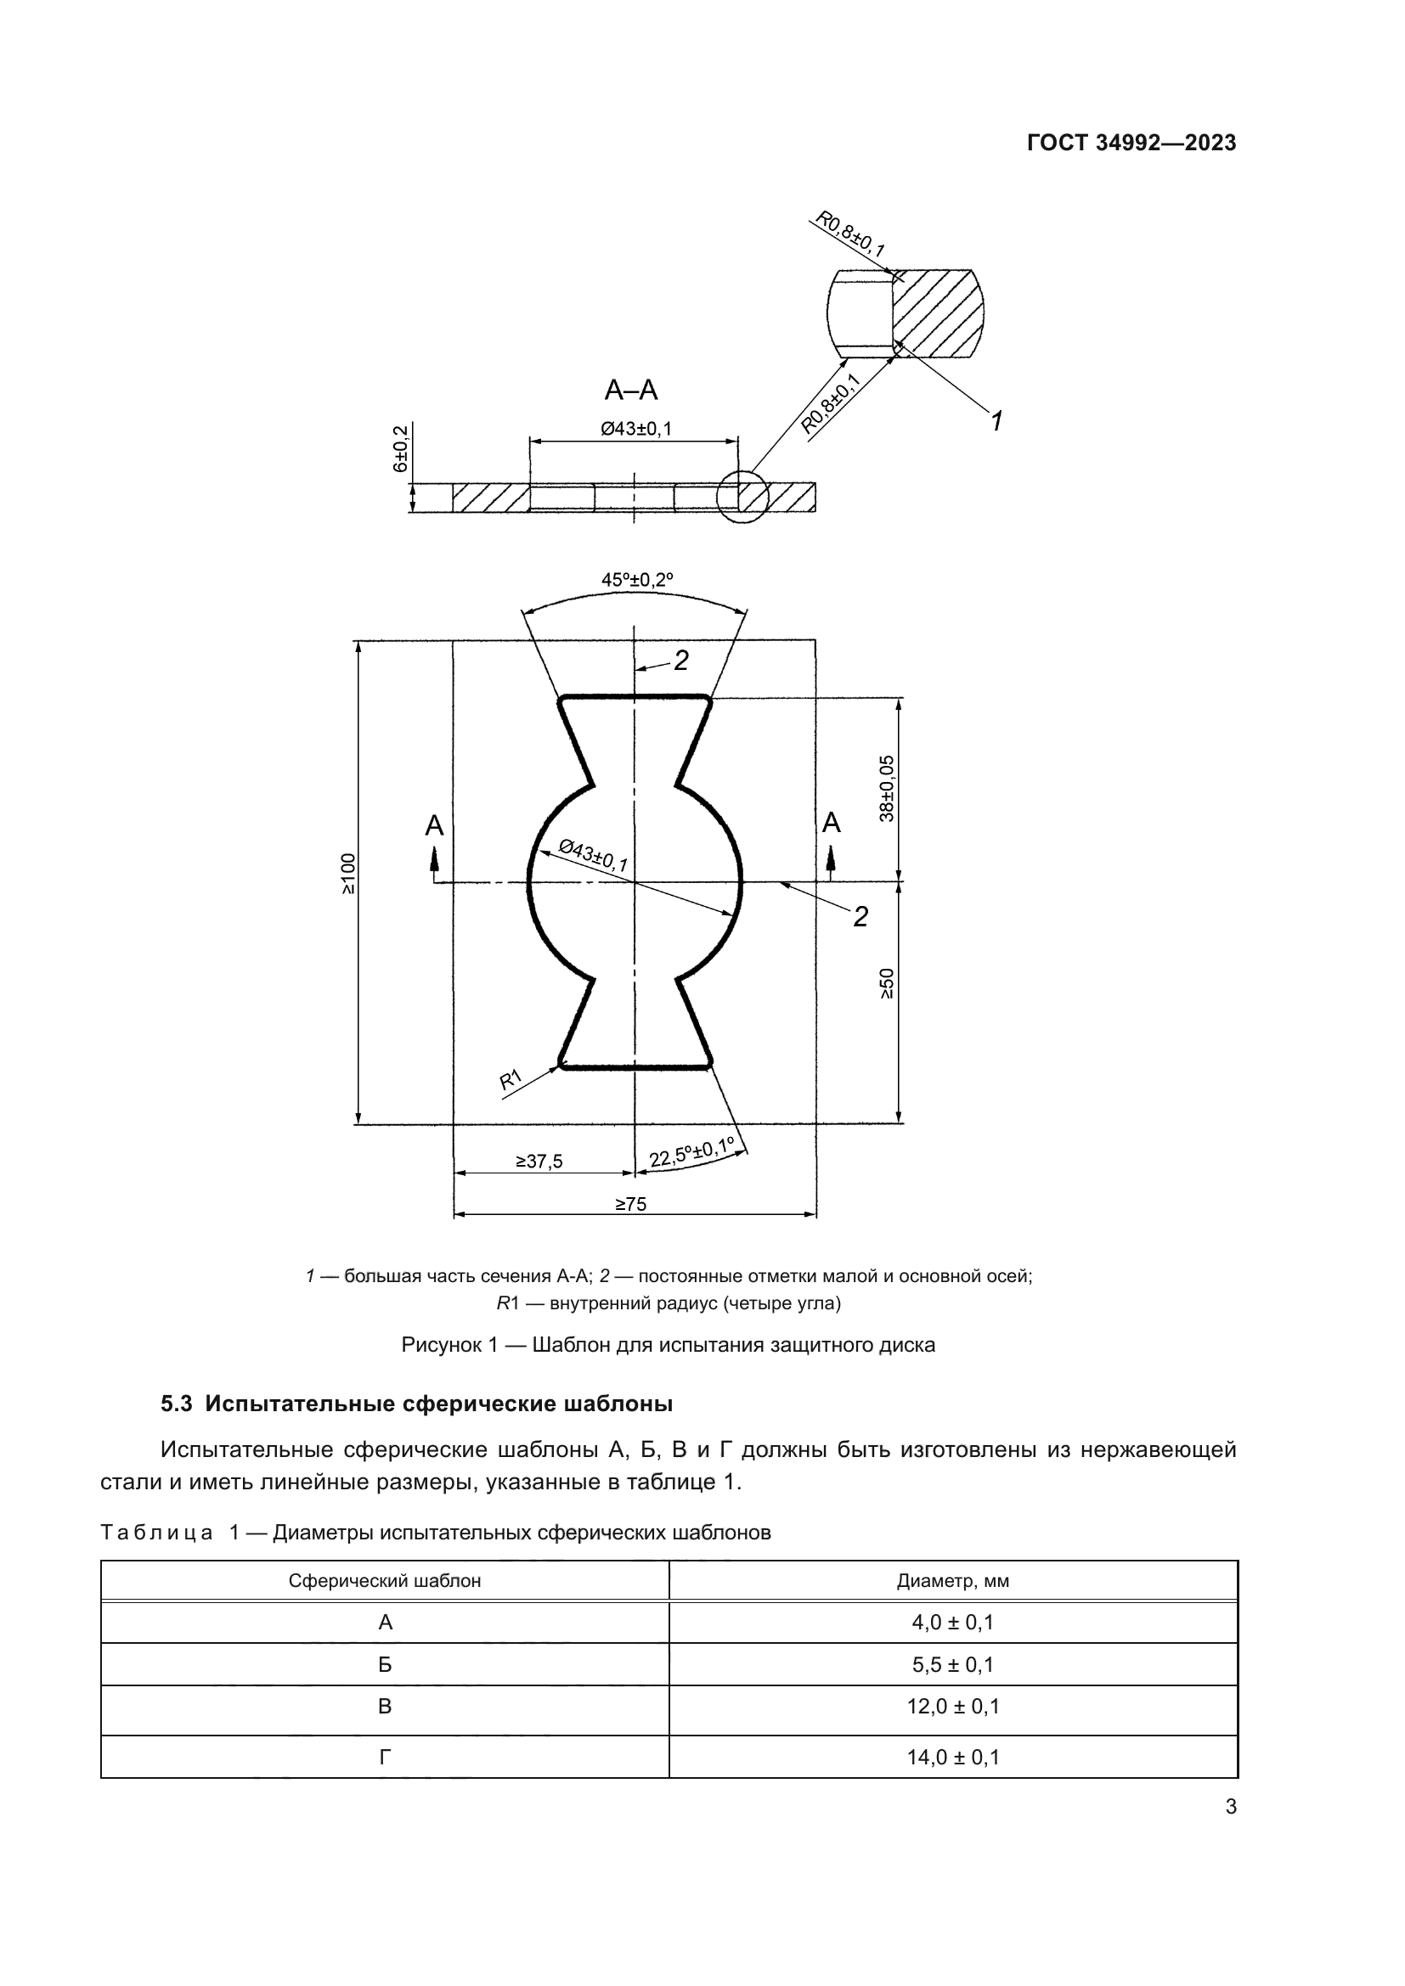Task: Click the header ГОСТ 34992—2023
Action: [1131, 143]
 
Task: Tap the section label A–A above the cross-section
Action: [630, 391]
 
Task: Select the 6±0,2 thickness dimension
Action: [401, 449]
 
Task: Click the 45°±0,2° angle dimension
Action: [637, 580]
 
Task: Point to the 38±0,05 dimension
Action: [887, 788]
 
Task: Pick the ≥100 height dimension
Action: [347, 874]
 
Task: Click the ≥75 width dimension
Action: [630, 1204]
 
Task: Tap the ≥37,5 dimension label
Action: [539, 1162]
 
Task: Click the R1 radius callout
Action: [511, 1079]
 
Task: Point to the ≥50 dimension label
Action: [887, 983]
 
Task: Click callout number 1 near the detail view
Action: [996, 421]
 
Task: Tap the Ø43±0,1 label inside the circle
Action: [594, 856]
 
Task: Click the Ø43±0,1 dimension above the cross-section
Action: [636, 428]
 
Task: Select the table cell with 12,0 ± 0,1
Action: [952, 1706]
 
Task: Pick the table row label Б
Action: [385, 1663]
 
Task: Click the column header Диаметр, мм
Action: [952, 1580]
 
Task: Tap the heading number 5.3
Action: [177, 1404]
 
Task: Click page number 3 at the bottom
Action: [1230, 1806]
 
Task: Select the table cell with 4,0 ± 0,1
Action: [952, 1622]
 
